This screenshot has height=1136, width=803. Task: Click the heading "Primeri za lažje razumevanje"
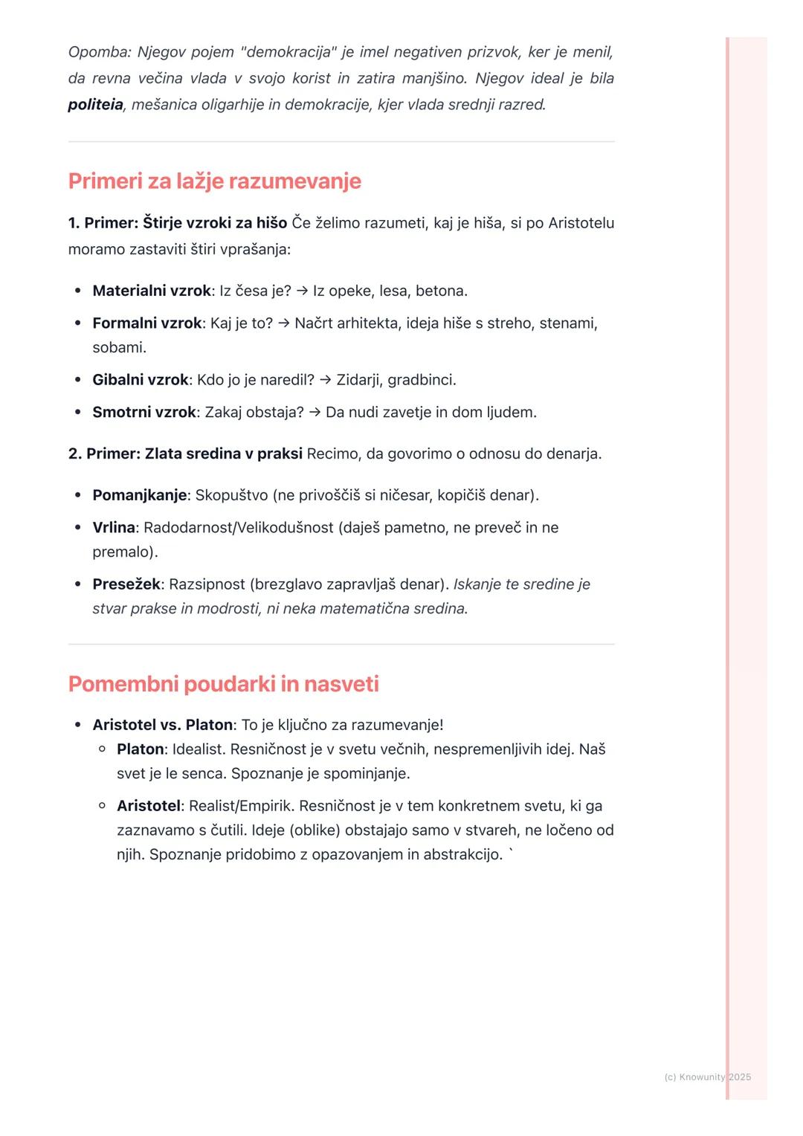[214, 181]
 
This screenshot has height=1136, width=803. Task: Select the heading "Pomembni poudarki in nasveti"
[223, 684]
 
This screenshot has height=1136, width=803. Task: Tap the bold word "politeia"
[95, 105]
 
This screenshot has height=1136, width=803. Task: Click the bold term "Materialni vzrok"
[151, 291]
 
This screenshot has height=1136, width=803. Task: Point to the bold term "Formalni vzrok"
[146, 323]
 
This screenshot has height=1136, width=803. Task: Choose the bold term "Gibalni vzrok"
[140, 380]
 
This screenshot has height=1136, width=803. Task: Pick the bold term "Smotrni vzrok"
[143, 412]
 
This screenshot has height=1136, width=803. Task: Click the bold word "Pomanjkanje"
[139, 495]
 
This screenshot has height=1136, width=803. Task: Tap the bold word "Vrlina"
[114, 528]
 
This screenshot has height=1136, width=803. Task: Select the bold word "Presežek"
[126, 584]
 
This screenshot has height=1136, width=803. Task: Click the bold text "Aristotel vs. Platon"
[162, 725]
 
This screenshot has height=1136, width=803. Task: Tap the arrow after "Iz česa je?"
[302, 291]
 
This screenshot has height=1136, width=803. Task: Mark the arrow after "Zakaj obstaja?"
[315, 412]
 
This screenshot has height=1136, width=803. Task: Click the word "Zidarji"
[359, 380]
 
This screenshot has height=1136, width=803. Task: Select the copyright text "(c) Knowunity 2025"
[707, 1077]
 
